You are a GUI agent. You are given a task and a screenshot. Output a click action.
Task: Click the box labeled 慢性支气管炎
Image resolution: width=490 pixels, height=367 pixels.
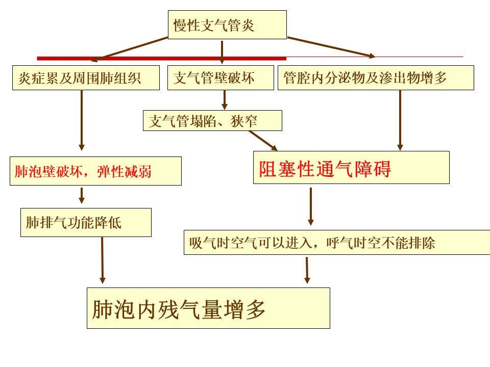(x=227, y=24)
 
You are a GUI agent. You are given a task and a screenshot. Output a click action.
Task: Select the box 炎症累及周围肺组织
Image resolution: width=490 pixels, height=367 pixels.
(x=86, y=78)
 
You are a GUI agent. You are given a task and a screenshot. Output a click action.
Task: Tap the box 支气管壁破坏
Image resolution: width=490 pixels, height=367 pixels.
(x=220, y=78)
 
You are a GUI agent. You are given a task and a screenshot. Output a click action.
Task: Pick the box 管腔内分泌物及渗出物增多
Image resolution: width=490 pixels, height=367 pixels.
(x=376, y=78)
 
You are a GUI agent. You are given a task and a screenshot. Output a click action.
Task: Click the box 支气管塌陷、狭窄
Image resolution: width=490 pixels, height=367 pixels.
(x=212, y=121)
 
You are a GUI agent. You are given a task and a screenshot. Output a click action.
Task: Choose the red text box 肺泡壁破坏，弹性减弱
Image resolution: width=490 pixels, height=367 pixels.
(x=95, y=171)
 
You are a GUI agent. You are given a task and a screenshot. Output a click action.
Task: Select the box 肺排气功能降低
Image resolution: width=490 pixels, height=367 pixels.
(x=86, y=222)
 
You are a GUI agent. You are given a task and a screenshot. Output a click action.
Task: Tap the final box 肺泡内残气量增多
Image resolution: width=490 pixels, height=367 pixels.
(x=208, y=308)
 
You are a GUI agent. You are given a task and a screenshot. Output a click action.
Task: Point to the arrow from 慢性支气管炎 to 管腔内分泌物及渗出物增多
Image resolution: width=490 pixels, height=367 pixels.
(x=332, y=46)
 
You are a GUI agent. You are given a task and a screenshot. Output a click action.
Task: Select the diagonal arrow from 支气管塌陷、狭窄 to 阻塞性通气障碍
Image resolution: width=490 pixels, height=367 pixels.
(x=263, y=141)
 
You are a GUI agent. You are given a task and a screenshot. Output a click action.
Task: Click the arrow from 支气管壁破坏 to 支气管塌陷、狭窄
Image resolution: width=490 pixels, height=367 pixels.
(x=224, y=100)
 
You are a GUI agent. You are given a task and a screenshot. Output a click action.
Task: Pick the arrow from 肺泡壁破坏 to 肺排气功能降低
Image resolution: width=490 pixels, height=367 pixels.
(x=82, y=195)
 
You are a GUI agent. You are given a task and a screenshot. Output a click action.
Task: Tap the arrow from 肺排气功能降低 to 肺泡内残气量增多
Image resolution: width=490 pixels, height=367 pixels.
(x=102, y=260)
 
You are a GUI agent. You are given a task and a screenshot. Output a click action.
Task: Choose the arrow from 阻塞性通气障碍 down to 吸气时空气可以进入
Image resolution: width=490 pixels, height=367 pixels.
(x=310, y=206)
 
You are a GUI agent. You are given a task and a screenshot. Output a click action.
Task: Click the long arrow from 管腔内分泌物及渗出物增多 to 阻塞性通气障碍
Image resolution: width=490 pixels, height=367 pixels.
(x=400, y=120)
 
